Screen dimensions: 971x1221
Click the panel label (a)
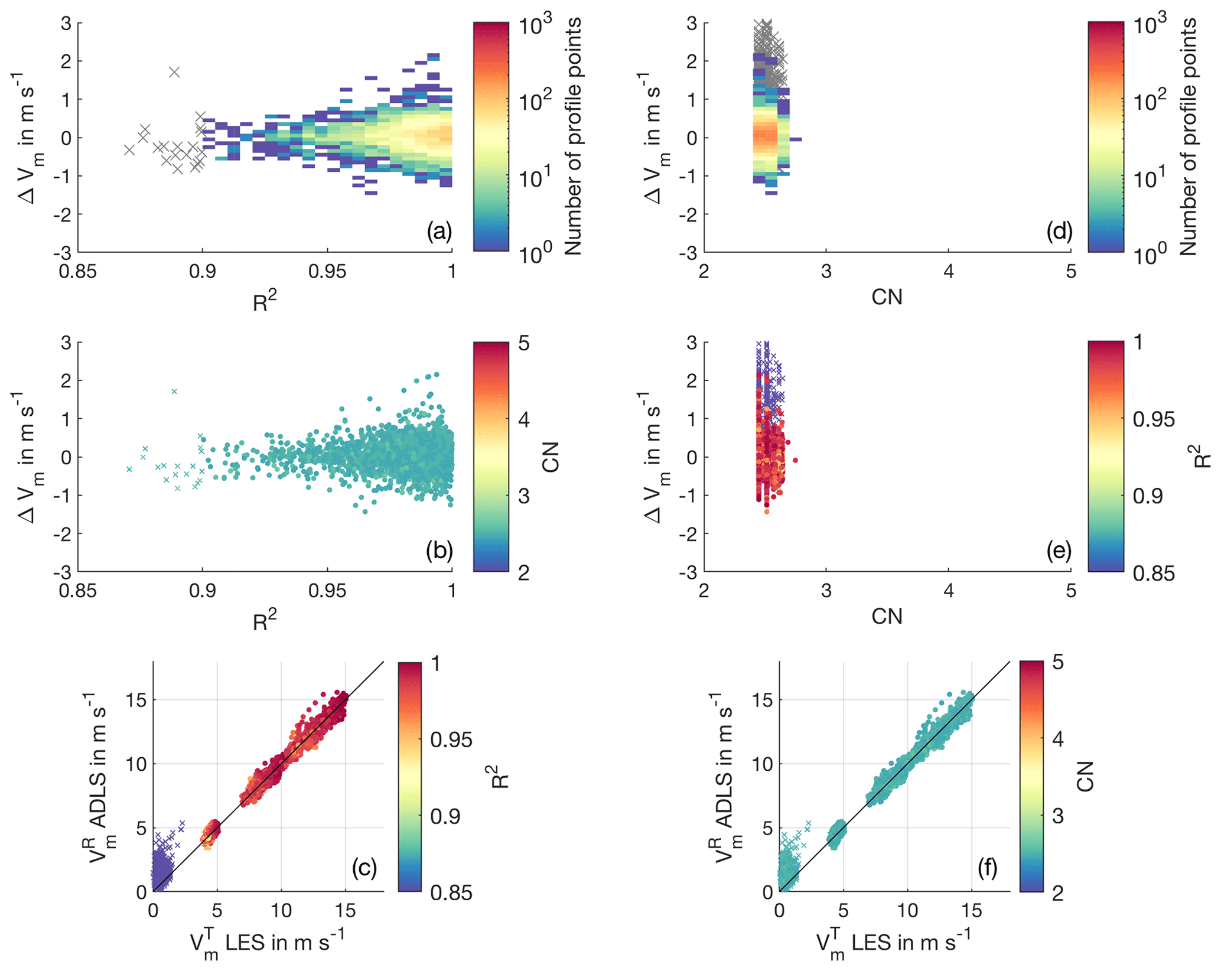[x=439, y=232]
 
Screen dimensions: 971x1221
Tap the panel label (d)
[x=1059, y=232]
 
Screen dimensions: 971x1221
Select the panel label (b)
[x=439, y=550]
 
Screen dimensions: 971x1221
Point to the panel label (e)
[x=1059, y=550]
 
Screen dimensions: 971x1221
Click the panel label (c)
[x=364, y=868]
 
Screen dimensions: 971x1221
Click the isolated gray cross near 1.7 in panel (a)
[x=174, y=72]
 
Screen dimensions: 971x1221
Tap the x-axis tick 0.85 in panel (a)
[x=78, y=272]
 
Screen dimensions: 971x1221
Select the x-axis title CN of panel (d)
[x=887, y=297]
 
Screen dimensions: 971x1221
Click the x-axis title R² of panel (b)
[x=265, y=621]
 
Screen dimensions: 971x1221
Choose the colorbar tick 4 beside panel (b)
[x=523, y=420]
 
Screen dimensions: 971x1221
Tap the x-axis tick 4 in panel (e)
[x=948, y=591]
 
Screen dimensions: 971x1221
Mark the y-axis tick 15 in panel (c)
[x=136, y=700]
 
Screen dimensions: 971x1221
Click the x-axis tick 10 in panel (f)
[x=907, y=910]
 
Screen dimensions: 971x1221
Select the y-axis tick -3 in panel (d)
[x=689, y=253]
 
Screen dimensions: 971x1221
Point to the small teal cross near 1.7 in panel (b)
[x=174, y=392]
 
